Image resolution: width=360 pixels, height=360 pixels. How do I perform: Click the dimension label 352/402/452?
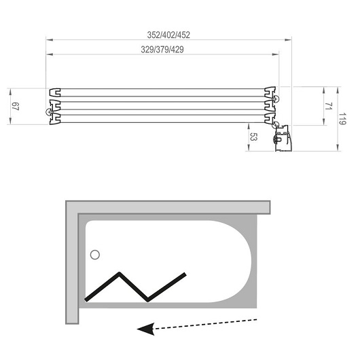click(x=168, y=35)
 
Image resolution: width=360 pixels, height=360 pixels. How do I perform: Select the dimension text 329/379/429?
click(x=162, y=50)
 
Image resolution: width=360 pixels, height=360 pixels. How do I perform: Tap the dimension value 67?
click(x=16, y=106)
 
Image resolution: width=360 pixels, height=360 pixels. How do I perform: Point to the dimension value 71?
click(x=329, y=106)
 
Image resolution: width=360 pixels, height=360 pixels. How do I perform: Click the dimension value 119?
click(x=342, y=119)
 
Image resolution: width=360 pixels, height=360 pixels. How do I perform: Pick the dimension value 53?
click(x=253, y=137)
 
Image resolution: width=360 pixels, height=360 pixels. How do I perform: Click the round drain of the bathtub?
click(x=95, y=255)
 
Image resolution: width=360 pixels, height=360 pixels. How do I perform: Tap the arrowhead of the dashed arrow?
click(x=146, y=329)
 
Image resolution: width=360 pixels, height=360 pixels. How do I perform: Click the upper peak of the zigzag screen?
click(x=119, y=273)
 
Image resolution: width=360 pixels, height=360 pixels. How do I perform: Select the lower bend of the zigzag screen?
click(x=147, y=300)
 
